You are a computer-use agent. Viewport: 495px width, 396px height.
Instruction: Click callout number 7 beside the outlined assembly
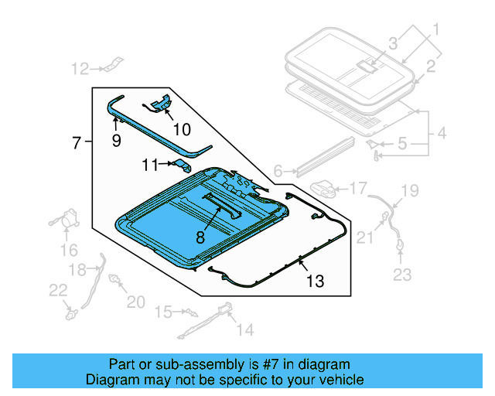(76, 142)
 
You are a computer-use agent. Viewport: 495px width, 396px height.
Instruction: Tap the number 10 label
(181, 128)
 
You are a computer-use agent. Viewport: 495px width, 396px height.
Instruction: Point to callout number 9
(116, 141)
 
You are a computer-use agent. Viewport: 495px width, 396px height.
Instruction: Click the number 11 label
(149, 164)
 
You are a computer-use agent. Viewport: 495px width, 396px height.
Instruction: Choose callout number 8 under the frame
(200, 238)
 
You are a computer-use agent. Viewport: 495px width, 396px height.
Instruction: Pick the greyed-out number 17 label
(358, 188)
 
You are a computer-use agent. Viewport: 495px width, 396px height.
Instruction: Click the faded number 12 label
(80, 70)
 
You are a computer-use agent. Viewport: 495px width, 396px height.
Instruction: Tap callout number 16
(70, 250)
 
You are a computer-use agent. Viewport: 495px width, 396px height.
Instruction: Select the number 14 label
(244, 330)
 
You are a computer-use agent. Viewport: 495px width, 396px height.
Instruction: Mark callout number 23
(403, 274)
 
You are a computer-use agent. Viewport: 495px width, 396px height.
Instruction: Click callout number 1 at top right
(435, 31)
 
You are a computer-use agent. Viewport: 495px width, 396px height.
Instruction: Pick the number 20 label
(135, 302)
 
